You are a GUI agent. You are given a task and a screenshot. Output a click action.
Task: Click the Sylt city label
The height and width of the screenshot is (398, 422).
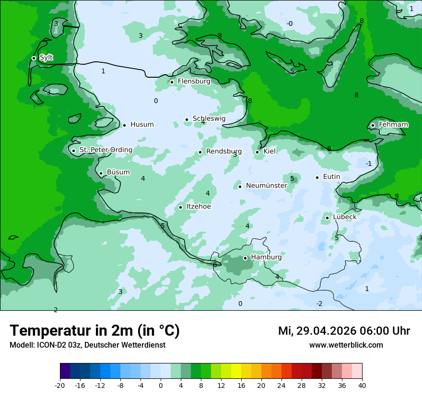coord(46,58)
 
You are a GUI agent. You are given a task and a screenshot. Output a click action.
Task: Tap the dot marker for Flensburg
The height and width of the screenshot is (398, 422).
coord(172,82)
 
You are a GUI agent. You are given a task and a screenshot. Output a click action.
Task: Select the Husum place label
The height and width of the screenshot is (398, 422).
coord(142,125)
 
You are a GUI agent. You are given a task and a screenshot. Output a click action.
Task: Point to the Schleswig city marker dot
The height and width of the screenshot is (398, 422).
coord(187,119)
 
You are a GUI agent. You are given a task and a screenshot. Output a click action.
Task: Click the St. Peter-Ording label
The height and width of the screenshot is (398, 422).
coord(105,150)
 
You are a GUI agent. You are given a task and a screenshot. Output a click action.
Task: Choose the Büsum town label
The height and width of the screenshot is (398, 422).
coord(118,172)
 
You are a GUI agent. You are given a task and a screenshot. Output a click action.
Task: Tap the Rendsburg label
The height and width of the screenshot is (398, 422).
coord(223,152)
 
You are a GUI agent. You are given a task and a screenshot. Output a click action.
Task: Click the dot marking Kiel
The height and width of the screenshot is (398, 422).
coord(258,152)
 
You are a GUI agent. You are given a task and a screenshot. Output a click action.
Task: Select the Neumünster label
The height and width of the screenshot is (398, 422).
coord(266,186)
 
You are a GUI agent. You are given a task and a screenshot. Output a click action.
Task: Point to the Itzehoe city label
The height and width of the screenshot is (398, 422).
coord(198,207)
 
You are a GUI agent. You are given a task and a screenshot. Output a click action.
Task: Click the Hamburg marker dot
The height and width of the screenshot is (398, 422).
coord(245,258)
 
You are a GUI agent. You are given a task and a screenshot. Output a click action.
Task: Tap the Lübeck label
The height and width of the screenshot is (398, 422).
coord(344,217)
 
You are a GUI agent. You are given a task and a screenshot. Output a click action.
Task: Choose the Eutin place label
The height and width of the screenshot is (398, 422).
coord(331,177)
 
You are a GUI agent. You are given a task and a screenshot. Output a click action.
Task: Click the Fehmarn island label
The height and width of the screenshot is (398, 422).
coord(393,125)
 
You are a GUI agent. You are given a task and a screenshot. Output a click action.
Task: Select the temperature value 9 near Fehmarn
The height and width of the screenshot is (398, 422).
coord(397,196)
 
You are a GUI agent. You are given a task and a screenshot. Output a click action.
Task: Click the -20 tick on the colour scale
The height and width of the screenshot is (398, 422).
coord(60,385)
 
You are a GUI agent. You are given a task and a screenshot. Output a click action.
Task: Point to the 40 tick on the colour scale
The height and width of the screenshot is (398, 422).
coord(362,385)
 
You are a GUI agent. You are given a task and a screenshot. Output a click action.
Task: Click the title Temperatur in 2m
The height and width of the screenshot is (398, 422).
coord(94,331)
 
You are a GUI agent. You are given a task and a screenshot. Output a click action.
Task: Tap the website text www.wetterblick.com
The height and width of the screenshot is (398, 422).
coord(346,345)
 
